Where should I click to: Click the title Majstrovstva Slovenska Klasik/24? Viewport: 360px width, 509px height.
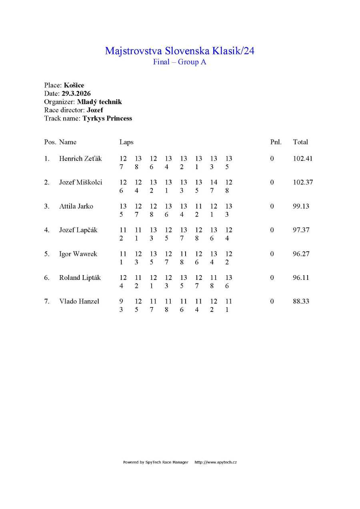pyautogui.click(x=180, y=51)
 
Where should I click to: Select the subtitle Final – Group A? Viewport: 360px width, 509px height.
pyautogui.click(x=180, y=62)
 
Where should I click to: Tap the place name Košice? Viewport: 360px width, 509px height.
pyautogui.click(x=74, y=85)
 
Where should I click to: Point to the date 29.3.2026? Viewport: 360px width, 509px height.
pyautogui.click(x=76, y=94)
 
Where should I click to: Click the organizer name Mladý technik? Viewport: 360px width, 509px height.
pyautogui.click(x=99, y=102)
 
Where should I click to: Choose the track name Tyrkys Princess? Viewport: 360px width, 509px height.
pyautogui.click(x=107, y=118)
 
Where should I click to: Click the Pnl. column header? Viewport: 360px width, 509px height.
pyautogui.click(x=276, y=142)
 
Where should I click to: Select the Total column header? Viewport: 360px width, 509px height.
pyautogui.click(x=300, y=142)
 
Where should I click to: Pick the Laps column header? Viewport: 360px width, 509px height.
pyautogui.click(x=126, y=142)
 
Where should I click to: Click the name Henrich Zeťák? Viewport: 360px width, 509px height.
pyautogui.click(x=80, y=159)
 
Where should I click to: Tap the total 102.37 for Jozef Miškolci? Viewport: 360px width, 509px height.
pyautogui.click(x=303, y=182)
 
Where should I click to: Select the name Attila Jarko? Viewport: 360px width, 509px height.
pyautogui.click(x=76, y=206)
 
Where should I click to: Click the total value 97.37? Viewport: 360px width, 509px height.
pyautogui.click(x=301, y=230)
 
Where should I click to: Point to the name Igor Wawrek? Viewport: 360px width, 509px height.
pyautogui.click(x=78, y=254)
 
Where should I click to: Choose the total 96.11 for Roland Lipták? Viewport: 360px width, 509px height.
pyautogui.click(x=301, y=277)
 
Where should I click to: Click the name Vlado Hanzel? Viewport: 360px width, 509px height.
pyautogui.click(x=79, y=301)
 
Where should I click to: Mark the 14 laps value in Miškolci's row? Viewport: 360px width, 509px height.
pyautogui.click(x=214, y=182)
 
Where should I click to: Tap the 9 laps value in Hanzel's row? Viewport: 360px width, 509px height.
pyautogui.click(x=121, y=301)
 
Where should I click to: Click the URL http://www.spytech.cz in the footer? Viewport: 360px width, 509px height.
pyautogui.click(x=216, y=462)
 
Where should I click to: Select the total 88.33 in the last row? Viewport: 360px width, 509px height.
pyautogui.click(x=301, y=301)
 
